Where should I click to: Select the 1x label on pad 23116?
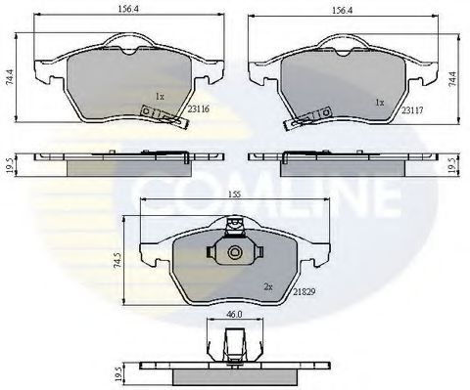(160, 97)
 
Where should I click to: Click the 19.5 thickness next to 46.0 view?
(122, 373)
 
